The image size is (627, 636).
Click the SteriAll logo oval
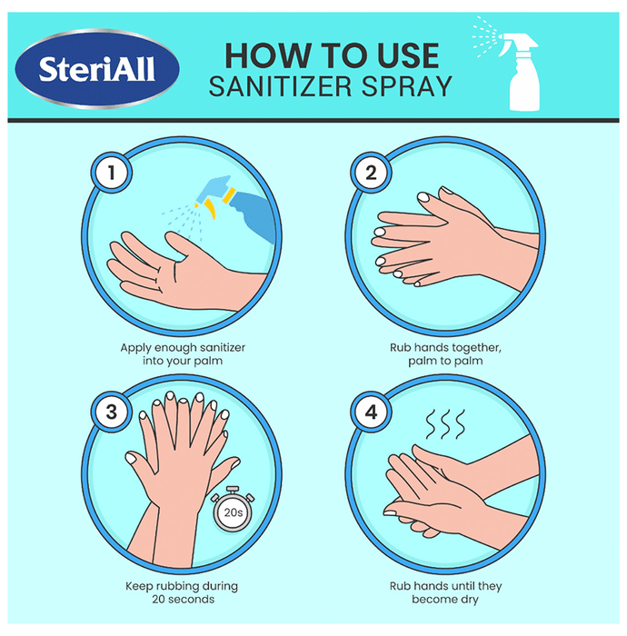(x=97, y=69)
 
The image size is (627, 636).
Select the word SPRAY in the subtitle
(x=407, y=86)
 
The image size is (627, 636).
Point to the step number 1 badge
(x=111, y=173)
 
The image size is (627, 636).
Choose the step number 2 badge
(x=371, y=173)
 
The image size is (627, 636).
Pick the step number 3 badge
(x=111, y=412)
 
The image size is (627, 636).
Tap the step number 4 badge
(x=371, y=412)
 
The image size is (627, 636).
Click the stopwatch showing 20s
(x=233, y=510)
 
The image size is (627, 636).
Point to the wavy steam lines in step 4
(x=445, y=424)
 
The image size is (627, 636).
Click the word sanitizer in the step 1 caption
(x=223, y=348)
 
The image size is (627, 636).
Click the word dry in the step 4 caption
(x=470, y=600)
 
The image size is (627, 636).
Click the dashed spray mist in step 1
(x=183, y=221)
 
